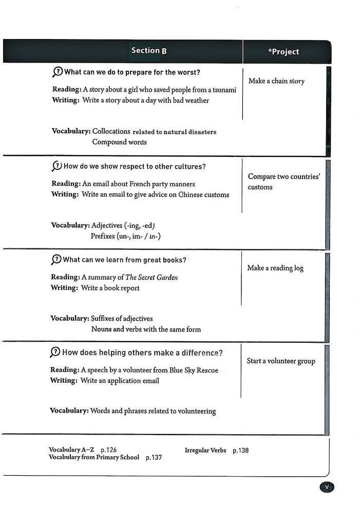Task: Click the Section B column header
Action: (148, 51)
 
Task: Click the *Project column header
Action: (283, 52)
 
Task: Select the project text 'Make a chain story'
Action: (276, 81)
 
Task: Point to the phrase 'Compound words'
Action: (119, 142)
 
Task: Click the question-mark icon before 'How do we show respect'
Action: (56, 166)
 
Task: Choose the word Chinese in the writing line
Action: (193, 194)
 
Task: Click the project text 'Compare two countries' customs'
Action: (283, 182)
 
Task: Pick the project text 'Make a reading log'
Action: (275, 268)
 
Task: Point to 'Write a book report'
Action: (110, 288)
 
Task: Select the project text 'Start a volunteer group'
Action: (281, 361)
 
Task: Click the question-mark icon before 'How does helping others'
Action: (55, 352)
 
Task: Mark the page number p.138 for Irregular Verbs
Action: (240, 451)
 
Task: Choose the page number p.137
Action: (154, 457)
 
